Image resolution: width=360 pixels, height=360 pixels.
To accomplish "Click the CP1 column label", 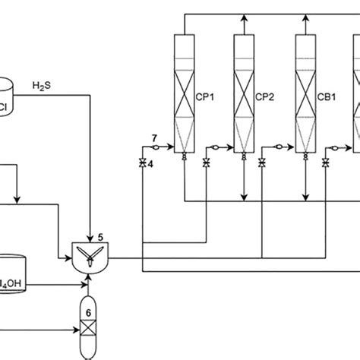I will click(204, 96).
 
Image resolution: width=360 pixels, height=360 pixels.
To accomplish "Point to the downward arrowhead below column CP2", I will click(244, 198).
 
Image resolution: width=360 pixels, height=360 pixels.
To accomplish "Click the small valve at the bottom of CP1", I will click(185, 157).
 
